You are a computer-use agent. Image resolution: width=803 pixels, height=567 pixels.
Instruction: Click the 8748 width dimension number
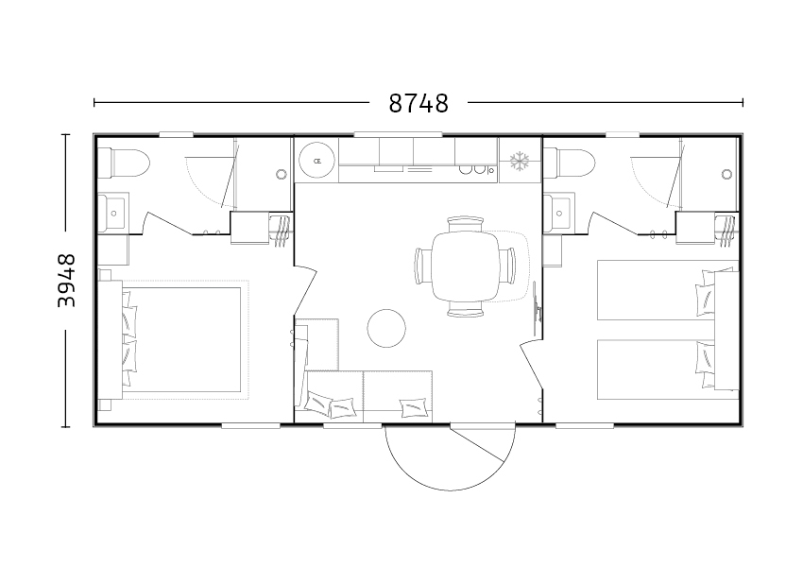pyautogui.click(x=419, y=103)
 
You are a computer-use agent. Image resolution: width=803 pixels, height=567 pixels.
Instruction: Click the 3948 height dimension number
pyautogui.click(x=66, y=281)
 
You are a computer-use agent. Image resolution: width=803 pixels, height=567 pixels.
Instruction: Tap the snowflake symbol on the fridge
pyautogui.click(x=520, y=161)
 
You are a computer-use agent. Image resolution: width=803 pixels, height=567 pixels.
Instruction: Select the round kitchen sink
pyautogui.click(x=317, y=161)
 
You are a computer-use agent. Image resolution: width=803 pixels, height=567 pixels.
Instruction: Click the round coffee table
pyautogui.click(x=386, y=328)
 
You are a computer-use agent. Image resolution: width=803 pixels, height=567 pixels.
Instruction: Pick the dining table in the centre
pyautogui.click(x=465, y=266)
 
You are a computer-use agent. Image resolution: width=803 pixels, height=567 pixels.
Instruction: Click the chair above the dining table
pyautogui.click(x=465, y=224)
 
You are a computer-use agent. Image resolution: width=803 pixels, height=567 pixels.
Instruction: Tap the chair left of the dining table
pyautogui.click(x=423, y=266)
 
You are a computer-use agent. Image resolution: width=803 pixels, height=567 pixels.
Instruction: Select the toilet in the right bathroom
pyautogui.click(x=570, y=162)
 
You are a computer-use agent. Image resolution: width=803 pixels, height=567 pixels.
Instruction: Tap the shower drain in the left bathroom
pyautogui.click(x=282, y=174)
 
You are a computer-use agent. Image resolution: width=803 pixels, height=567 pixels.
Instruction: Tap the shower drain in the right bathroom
pyautogui.click(x=726, y=174)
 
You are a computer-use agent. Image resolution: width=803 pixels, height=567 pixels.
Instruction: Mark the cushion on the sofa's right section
pyautogui.click(x=415, y=408)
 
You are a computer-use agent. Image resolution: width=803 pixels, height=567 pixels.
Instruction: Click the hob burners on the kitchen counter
pyautogui.click(x=472, y=169)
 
